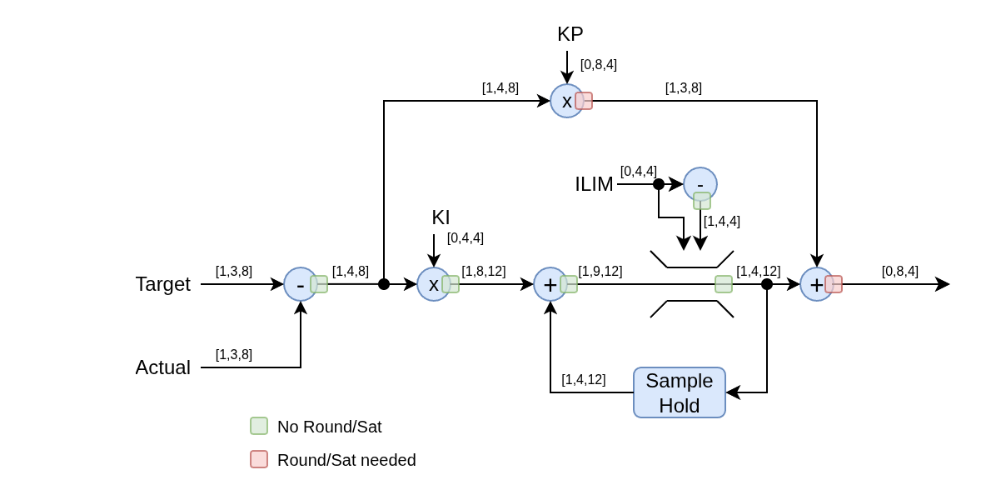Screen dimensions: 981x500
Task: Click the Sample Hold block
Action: [680, 392]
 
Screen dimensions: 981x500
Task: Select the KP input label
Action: [570, 34]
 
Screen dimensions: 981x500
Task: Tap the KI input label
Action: [441, 217]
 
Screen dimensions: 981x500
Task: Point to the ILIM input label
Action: [594, 184]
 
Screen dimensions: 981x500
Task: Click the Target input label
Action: [162, 284]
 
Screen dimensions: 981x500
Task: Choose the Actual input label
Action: [162, 367]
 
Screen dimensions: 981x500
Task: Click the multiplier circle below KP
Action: [567, 101]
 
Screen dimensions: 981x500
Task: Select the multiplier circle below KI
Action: [434, 284]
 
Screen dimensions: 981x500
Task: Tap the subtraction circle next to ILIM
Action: [700, 184]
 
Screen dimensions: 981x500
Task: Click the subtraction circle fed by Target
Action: [301, 284]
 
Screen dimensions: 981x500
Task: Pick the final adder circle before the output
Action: [816, 284]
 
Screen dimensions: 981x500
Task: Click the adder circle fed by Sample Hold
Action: [550, 284]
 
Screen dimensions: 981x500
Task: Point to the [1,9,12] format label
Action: [600, 272]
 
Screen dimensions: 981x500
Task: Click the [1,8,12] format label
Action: [484, 272]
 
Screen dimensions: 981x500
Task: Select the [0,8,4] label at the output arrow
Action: [899, 272]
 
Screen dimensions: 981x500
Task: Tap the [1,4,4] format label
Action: [722, 222]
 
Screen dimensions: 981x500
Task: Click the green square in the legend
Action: [259, 426]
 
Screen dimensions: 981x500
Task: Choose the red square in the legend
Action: [259, 459]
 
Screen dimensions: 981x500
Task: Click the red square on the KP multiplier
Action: [584, 101]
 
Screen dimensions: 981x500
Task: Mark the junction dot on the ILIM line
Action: [658, 184]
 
